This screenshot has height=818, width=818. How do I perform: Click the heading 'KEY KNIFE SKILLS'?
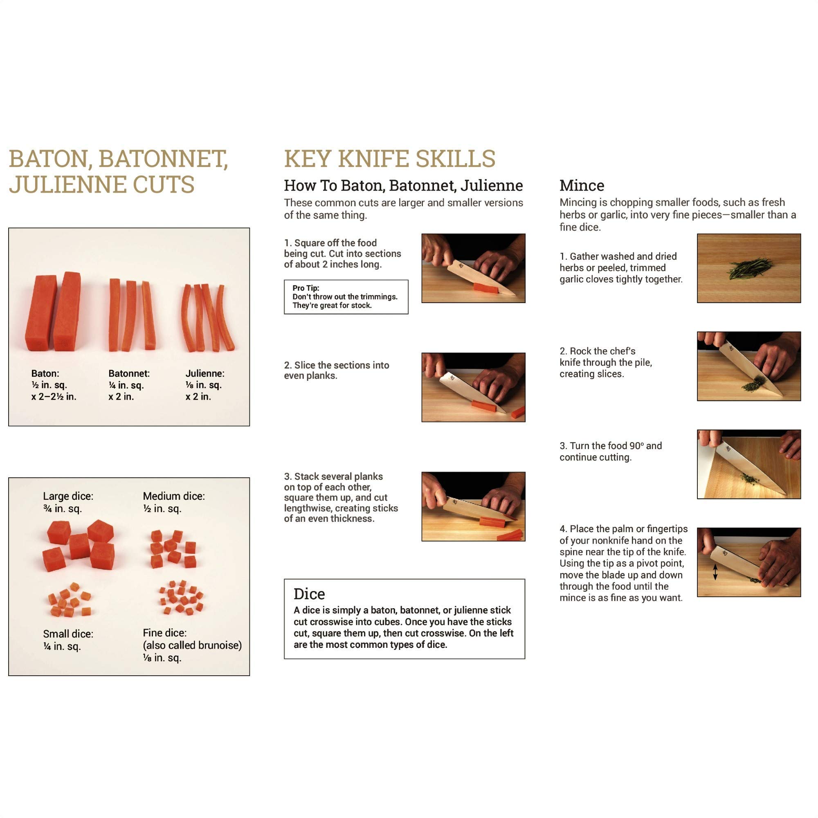[389, 159]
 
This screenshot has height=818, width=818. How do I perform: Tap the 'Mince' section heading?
[581, 185]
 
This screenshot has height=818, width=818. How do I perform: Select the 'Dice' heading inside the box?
[309, 593]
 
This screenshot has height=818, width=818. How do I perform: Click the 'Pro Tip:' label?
[306, 288]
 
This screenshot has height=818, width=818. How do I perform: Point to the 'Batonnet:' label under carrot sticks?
[129, 373]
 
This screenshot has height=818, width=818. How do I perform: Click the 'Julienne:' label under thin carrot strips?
[204, 373]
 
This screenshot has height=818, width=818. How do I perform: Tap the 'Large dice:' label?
[68, 496]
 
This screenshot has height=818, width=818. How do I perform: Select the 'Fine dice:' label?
[164, 633]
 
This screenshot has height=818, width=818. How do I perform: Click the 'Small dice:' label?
[68, 634]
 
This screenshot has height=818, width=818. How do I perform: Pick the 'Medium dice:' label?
[173, 496]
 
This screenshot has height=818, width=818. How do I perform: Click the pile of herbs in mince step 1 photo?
[750, 268]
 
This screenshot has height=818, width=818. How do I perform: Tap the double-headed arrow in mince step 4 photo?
[715, 572]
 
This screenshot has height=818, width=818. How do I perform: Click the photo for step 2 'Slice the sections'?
[473, 387]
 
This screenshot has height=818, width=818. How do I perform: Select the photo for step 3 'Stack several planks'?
[473, 506]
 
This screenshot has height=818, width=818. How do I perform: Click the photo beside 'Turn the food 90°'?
[748, 464]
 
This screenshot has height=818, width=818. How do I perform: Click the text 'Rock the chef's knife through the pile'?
[605, 362]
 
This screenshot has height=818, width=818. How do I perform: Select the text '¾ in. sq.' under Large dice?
[62, 508]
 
